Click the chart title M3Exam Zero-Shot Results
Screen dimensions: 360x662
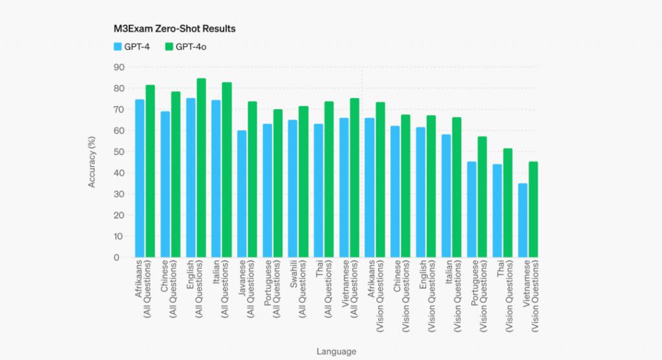click(174, 29)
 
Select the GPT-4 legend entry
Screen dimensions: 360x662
click(132, 47)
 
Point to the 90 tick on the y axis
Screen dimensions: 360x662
click(117, 67)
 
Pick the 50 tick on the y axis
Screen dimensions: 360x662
click(117, 152)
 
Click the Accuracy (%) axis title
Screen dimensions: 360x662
click(92, 162)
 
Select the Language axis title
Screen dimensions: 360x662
click(336, 351)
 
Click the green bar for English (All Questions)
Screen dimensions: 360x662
click(201, 168)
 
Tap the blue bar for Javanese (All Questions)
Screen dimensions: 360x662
click(242, 194)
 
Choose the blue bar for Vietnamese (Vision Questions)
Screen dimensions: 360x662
click(522, 220)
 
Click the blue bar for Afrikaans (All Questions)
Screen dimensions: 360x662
click(140, 178)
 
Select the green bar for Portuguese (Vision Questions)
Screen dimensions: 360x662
click(482, 197)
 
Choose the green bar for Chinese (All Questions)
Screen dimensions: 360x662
click(176, 175)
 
